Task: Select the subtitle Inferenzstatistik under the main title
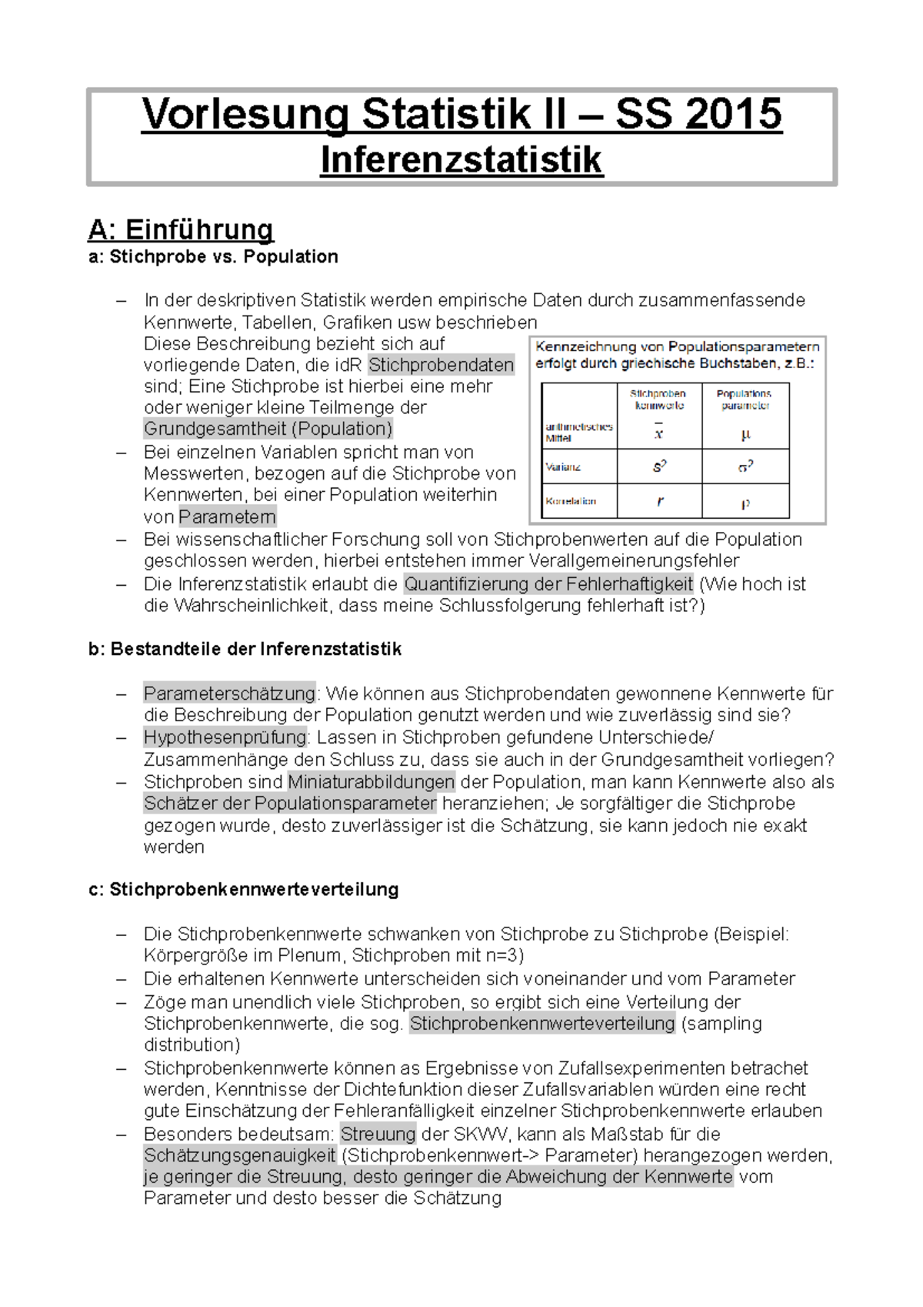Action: click(461, 160)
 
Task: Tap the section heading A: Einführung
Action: click(181, 229)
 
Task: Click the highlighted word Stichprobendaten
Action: click(441, 365)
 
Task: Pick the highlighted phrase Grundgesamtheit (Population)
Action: click(268, 429)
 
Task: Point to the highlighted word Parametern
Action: click(227, 516)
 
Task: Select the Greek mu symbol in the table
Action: click(745, 435)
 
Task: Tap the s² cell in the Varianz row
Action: click(659, 466)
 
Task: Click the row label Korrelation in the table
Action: click(571, 501)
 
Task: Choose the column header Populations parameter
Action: click(745, 399)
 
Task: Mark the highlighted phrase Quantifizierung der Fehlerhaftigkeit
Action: click(548, 583)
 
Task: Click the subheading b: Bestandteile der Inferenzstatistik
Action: click(245, 649)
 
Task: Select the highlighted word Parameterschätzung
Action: click(229, 694)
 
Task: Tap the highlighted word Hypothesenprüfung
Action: click(225, 737)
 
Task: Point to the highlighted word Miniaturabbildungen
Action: click(372, 782)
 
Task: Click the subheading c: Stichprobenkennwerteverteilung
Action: click(244, 890)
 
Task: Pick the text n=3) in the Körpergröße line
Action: click(503, 956)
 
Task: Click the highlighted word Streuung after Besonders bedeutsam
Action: click(378, 1134)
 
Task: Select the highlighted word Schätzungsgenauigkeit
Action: click(240, 1155)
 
